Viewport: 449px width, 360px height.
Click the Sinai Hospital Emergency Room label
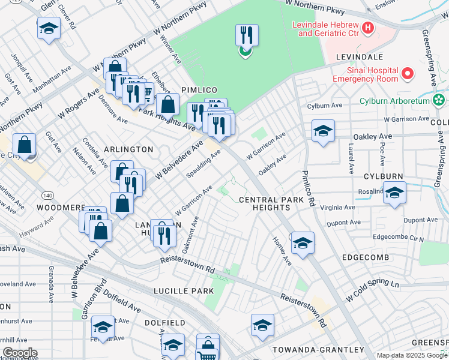pyautogui.click(x=365, y=74)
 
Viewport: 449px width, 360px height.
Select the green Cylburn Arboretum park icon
pyautogui.click(x=439, y=99)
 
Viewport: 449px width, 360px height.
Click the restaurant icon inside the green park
pyautogui.click(x=246, y=36)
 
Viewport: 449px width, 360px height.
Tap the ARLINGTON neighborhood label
pyautogui.click(x=128, y=149)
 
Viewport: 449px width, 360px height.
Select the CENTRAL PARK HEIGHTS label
pyautogui.click(x=265, y=203)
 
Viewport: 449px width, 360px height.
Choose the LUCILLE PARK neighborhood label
pyautogui.click(x=183, y=291)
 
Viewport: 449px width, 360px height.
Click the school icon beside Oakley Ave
pyautogui.click(x=323, y=131)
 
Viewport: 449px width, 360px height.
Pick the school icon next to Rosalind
pyautogui.click(x=394, y=193)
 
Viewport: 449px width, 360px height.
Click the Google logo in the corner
pyautogui.click(x=20, y=352)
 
